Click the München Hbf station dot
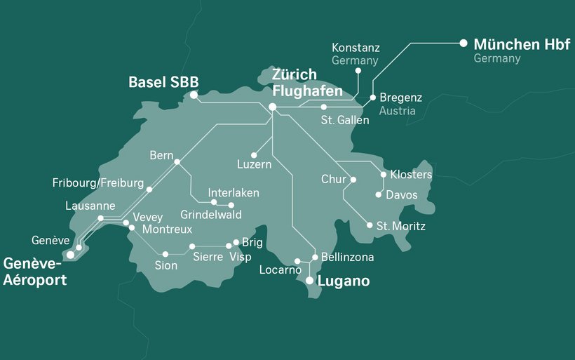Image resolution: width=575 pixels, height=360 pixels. pos(463,43)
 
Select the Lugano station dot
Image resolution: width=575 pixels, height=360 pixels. pos(309,281)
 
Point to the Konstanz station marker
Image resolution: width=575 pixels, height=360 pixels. pos(358,71)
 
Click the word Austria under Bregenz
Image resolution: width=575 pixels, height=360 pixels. pos(397,111)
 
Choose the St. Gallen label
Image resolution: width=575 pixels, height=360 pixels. pos(345,121)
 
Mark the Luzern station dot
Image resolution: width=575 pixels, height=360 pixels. pos(254,155)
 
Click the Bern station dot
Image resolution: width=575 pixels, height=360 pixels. pos(177,162)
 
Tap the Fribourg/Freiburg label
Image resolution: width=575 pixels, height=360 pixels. pos(97,184)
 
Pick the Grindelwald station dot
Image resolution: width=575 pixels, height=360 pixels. pos(231,205)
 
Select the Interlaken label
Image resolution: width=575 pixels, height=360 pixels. pos(234,192)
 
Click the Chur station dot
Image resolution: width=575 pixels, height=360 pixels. pos(353,180)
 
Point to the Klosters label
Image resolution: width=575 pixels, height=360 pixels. pos(411,174)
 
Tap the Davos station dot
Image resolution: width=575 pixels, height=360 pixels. pos(379,194)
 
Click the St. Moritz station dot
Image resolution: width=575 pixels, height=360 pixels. pos(370,225)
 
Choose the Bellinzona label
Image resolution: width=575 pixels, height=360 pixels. pos(347,258)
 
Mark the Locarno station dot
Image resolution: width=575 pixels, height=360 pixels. pos(297,261)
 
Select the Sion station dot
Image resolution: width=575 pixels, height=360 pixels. pos(165,254)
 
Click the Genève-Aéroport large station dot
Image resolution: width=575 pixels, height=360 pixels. pos(70,255)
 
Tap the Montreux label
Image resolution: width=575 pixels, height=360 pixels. pos(166,229)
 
